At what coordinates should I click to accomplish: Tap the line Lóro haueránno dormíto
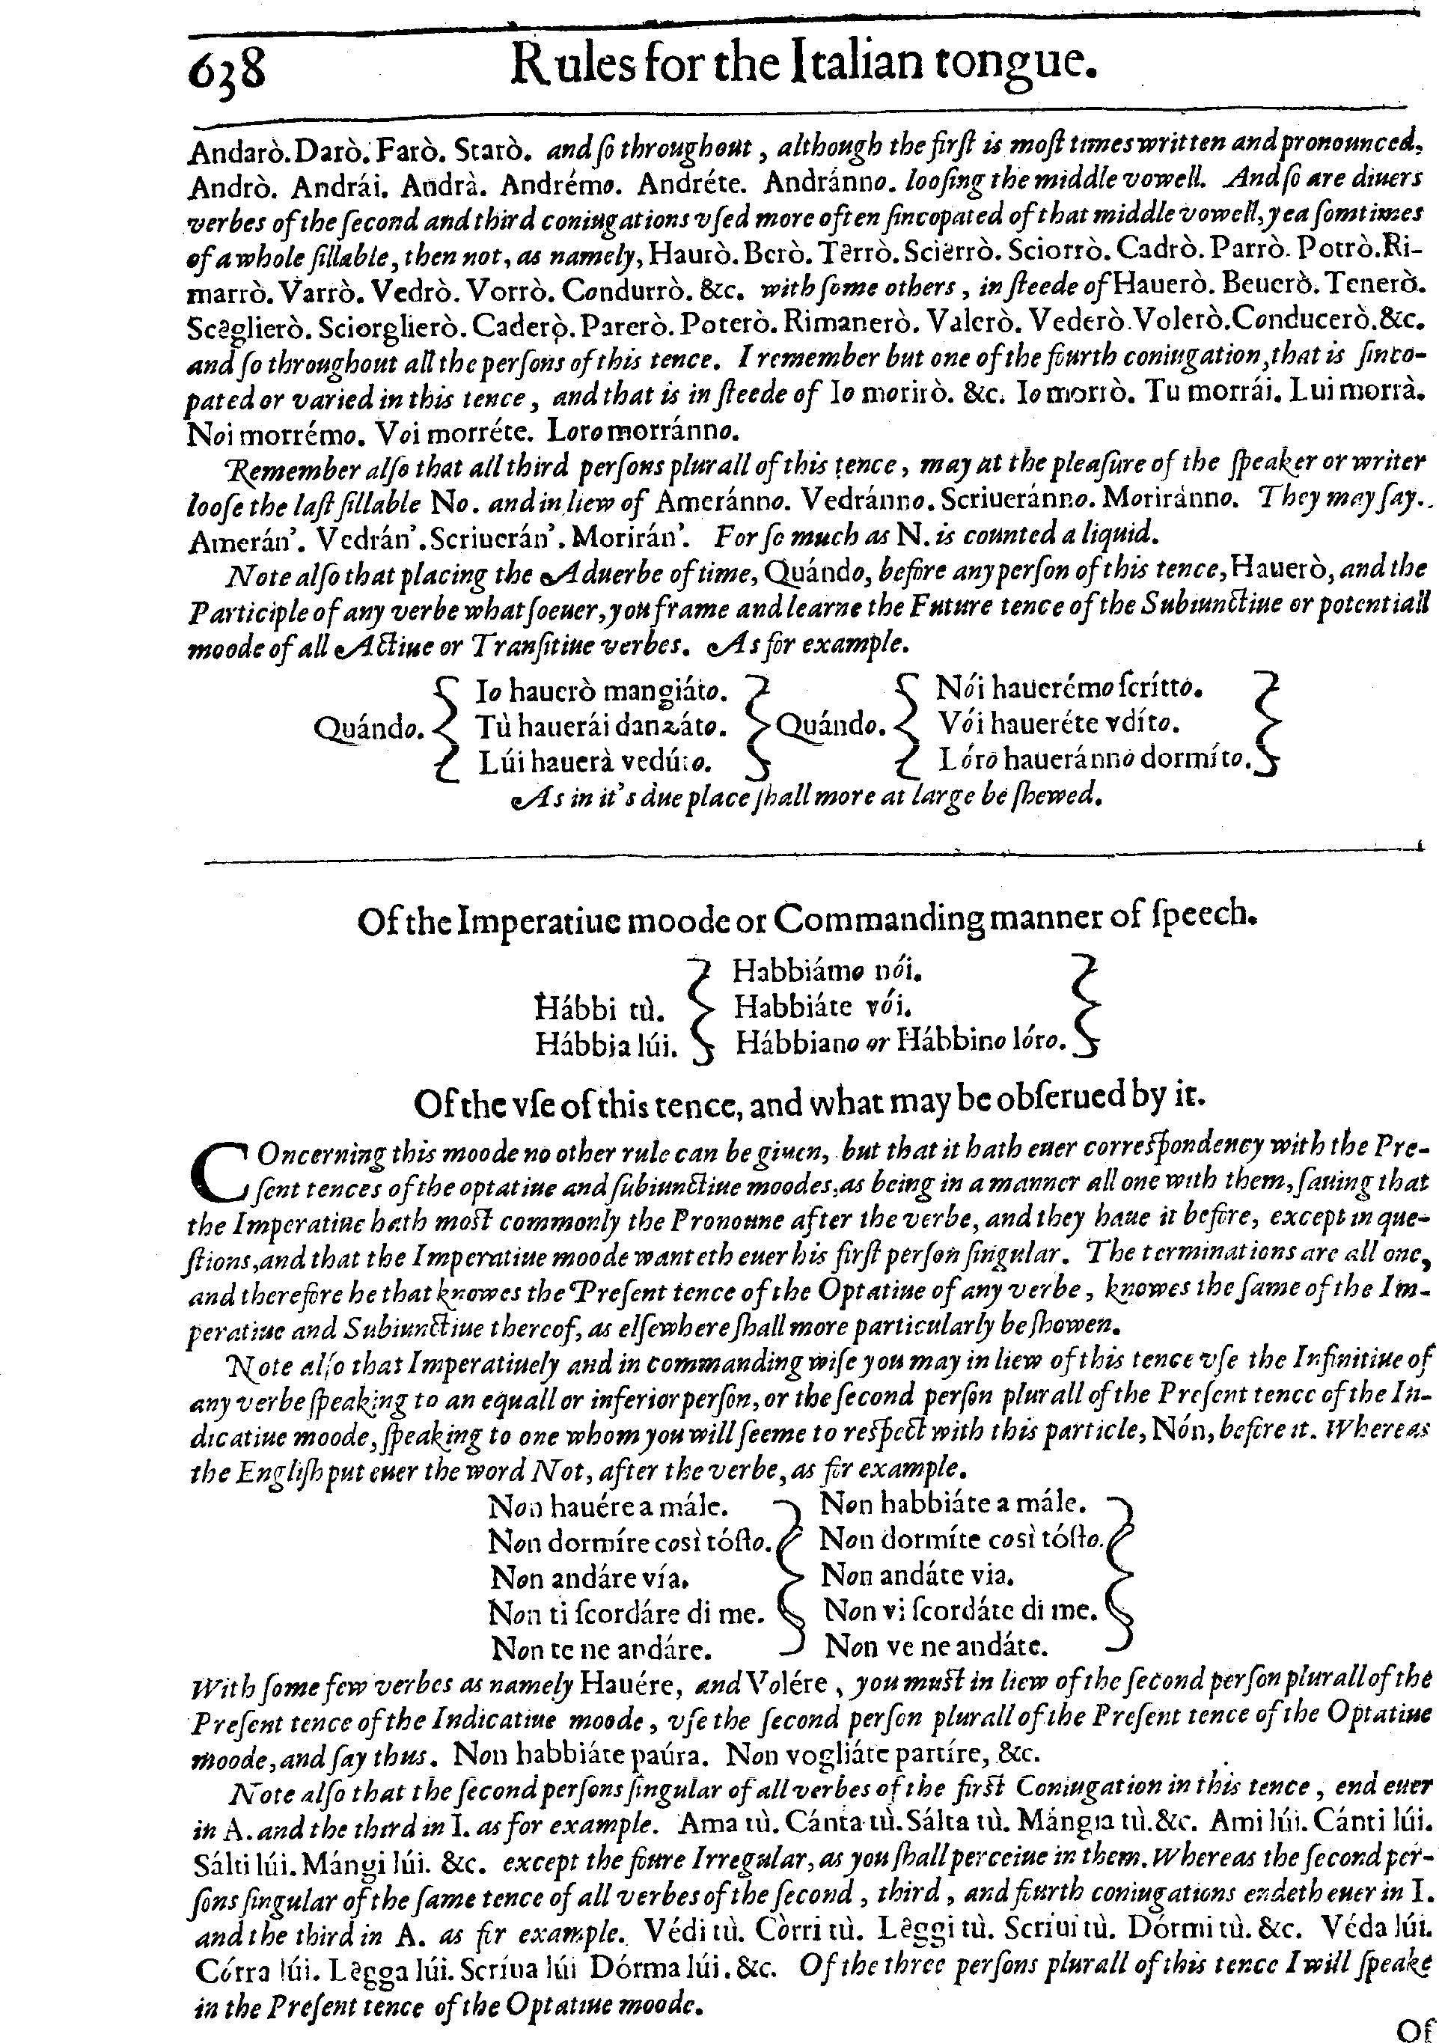coord(1095,759)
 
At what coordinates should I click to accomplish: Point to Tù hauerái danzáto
coord(602,726)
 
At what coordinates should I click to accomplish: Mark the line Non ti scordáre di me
coord(626,1611)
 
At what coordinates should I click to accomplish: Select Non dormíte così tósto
coord(961,1539)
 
